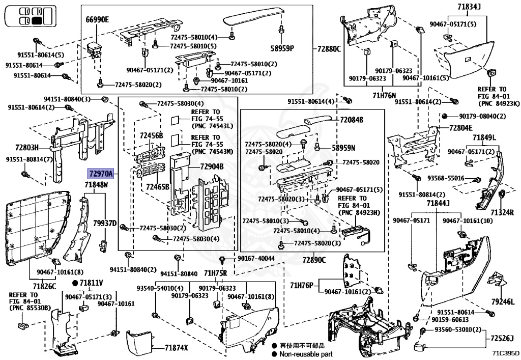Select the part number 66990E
[x=97, y=20]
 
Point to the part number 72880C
[x=329, y=49]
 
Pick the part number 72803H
[x=27, y=147]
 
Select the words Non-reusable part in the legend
[x=305, y=353]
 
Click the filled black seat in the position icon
[x=37, y=20]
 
